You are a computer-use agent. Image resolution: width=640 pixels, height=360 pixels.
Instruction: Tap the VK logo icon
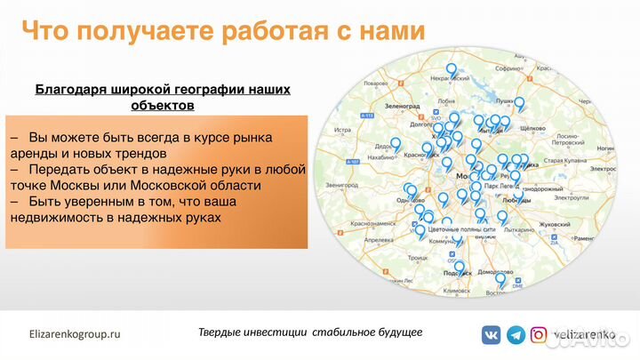(x=491, y=334)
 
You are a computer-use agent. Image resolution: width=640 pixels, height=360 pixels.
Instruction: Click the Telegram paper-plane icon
(x=515, y=334)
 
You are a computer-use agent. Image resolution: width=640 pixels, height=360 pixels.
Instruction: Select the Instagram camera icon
(x=539, y=334)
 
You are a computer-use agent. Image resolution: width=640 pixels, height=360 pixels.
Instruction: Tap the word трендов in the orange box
(x=129, y=153)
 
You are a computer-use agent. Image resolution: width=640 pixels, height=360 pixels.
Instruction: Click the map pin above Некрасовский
(x=452, y=68)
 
